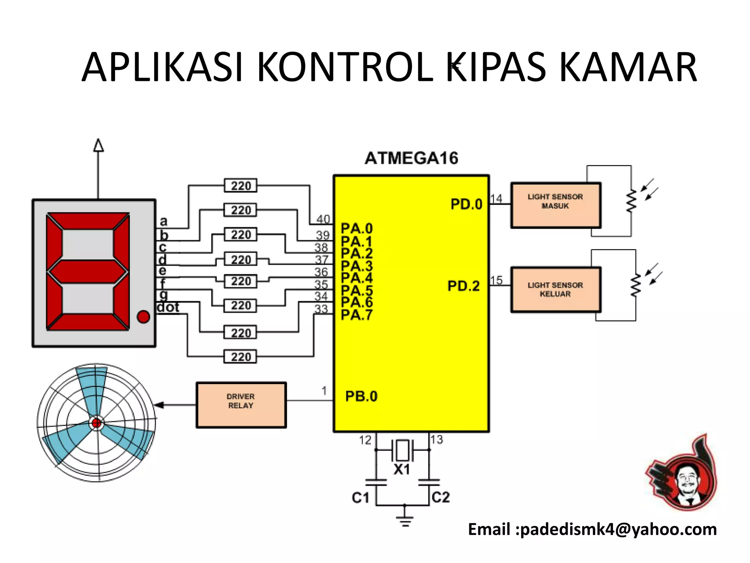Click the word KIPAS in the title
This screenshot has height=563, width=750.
496,67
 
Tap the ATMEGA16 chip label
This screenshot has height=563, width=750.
411,158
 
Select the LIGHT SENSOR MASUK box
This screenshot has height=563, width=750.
556,205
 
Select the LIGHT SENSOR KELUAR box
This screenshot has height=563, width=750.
556,290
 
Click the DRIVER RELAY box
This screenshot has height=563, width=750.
241,405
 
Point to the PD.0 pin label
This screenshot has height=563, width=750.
466,204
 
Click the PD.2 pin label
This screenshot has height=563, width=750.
463,286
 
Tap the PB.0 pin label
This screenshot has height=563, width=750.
361,396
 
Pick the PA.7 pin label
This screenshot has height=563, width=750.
357,315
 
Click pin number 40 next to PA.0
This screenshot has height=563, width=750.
323,219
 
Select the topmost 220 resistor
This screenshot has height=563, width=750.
241,186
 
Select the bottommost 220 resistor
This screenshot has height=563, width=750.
241,357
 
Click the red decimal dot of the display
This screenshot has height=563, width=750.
143,317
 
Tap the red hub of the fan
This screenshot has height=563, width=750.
97,423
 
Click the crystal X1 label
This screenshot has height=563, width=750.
402,469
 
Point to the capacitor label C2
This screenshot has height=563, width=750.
441,497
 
